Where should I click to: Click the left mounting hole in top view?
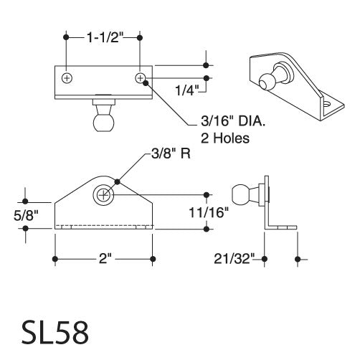point(67,77)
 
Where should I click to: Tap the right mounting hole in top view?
point(140,77)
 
